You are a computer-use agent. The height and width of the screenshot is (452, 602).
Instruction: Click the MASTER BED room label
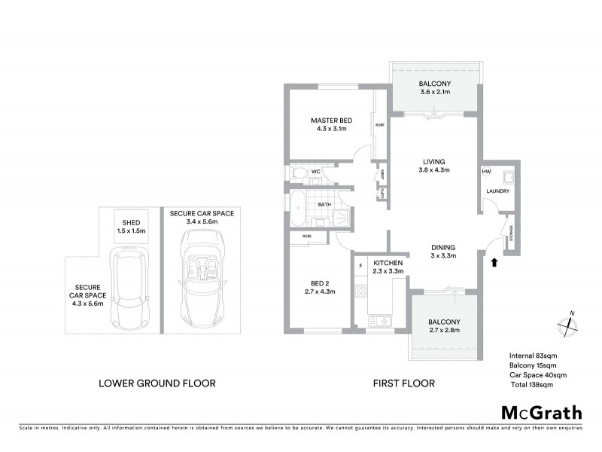(331, 121)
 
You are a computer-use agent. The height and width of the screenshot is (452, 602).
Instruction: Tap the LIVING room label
(434, 162)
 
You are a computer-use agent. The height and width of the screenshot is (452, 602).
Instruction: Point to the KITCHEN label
(389, 262)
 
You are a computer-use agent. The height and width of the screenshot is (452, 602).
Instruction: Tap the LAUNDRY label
(497, 191)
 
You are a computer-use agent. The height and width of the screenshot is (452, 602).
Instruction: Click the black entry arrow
(494, 262)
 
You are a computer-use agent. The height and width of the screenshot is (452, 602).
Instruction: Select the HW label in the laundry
(486, 172)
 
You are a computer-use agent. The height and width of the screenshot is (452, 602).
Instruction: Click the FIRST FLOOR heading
(404, 383)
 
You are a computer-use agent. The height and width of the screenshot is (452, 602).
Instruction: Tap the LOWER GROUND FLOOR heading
(157, 383)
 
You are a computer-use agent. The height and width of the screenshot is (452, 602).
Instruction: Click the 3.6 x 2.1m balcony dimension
(435, 93)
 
